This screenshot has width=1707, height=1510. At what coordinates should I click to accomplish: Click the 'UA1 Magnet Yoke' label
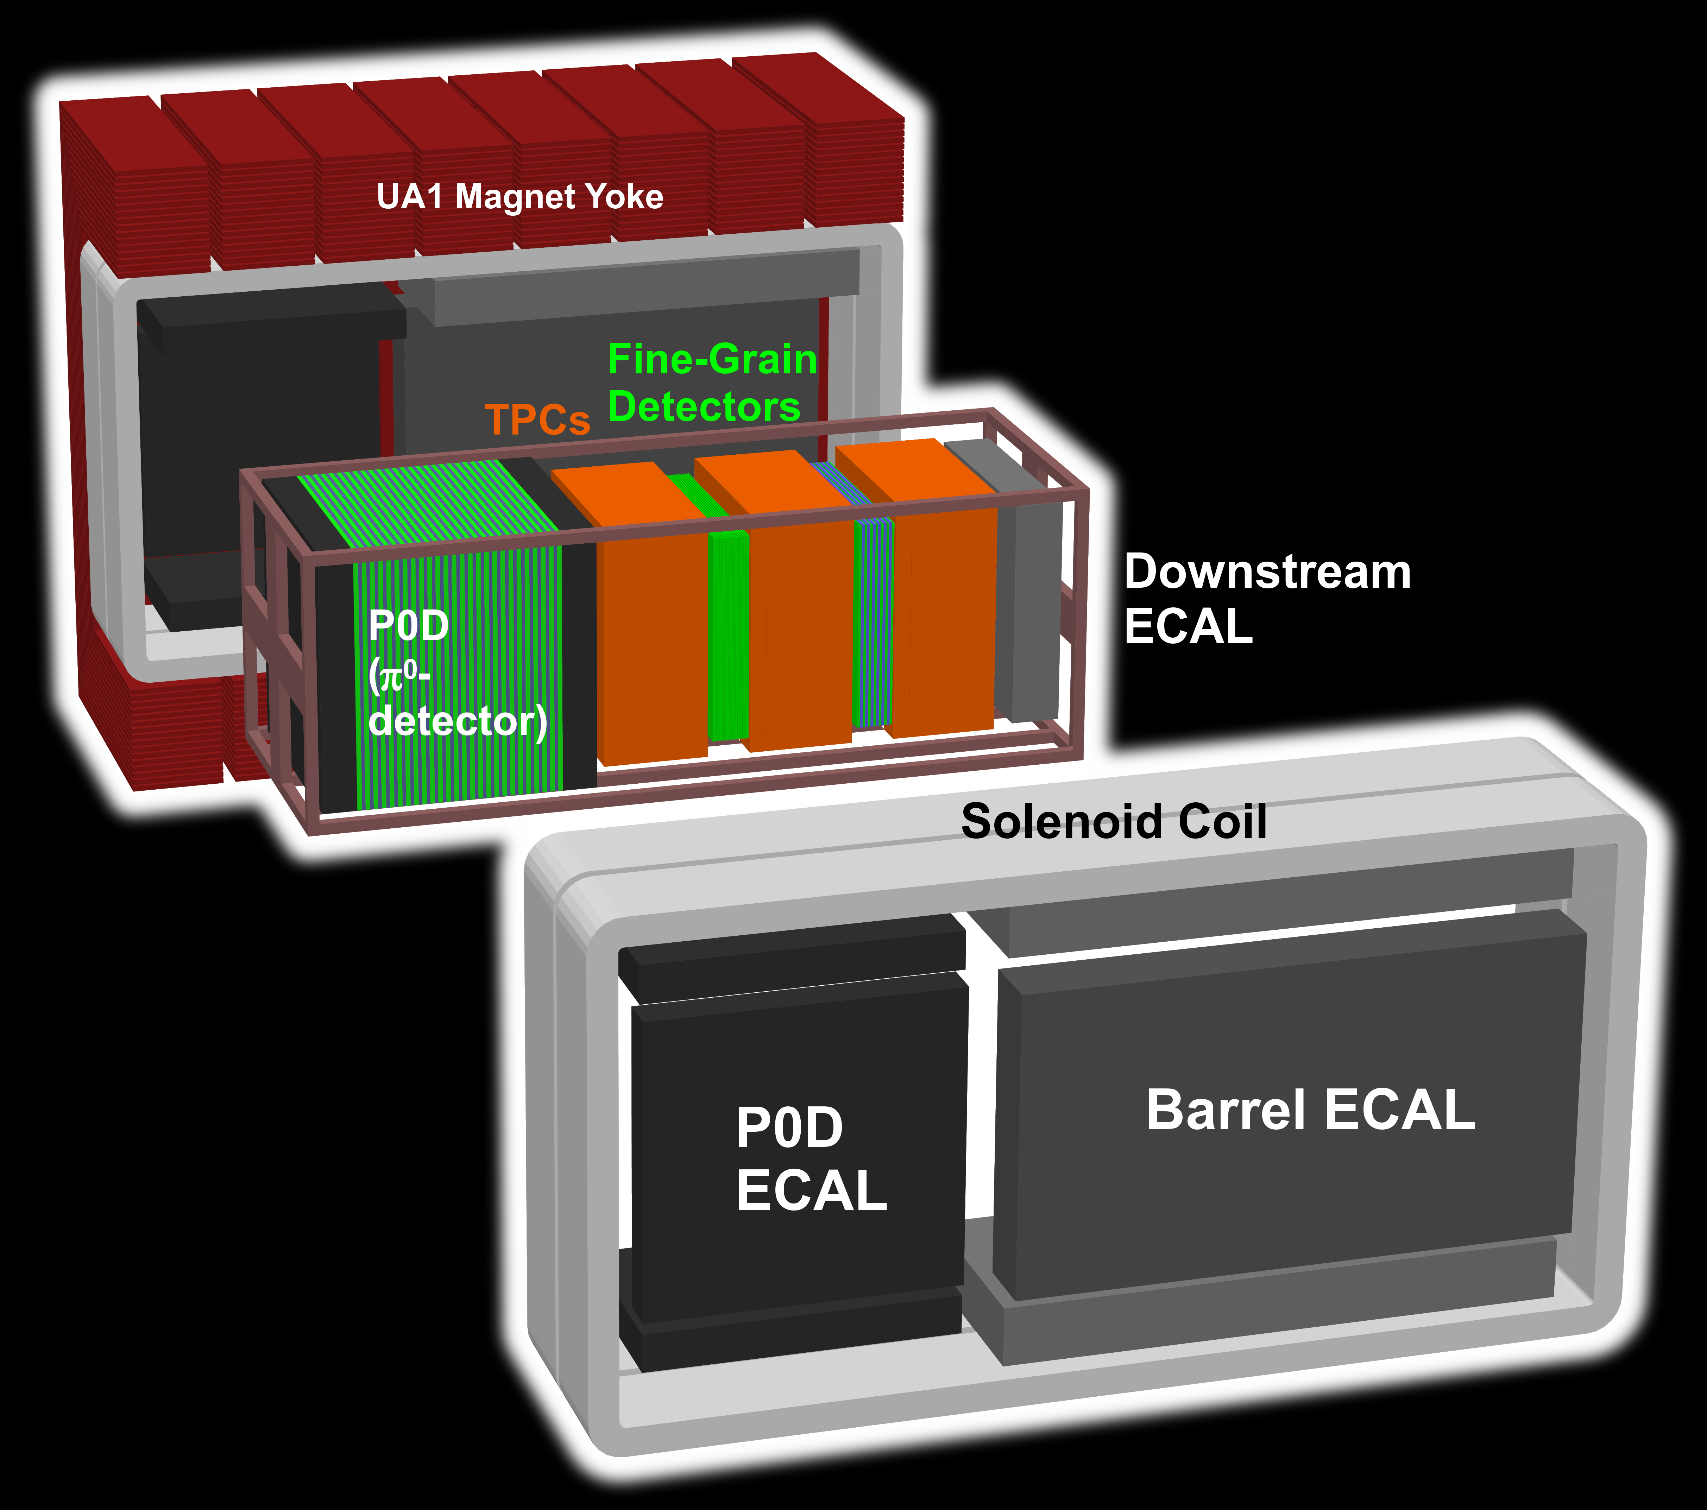point(519,197)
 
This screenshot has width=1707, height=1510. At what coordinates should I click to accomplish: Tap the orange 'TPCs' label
point(537,419)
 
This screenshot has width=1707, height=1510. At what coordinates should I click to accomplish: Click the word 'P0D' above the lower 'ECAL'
point(789,1127)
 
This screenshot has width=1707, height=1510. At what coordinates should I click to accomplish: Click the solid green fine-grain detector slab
point(727,635)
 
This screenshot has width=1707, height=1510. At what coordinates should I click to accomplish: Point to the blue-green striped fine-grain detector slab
point(873,622)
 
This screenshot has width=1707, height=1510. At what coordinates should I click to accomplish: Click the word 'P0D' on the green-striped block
point(408,626)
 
